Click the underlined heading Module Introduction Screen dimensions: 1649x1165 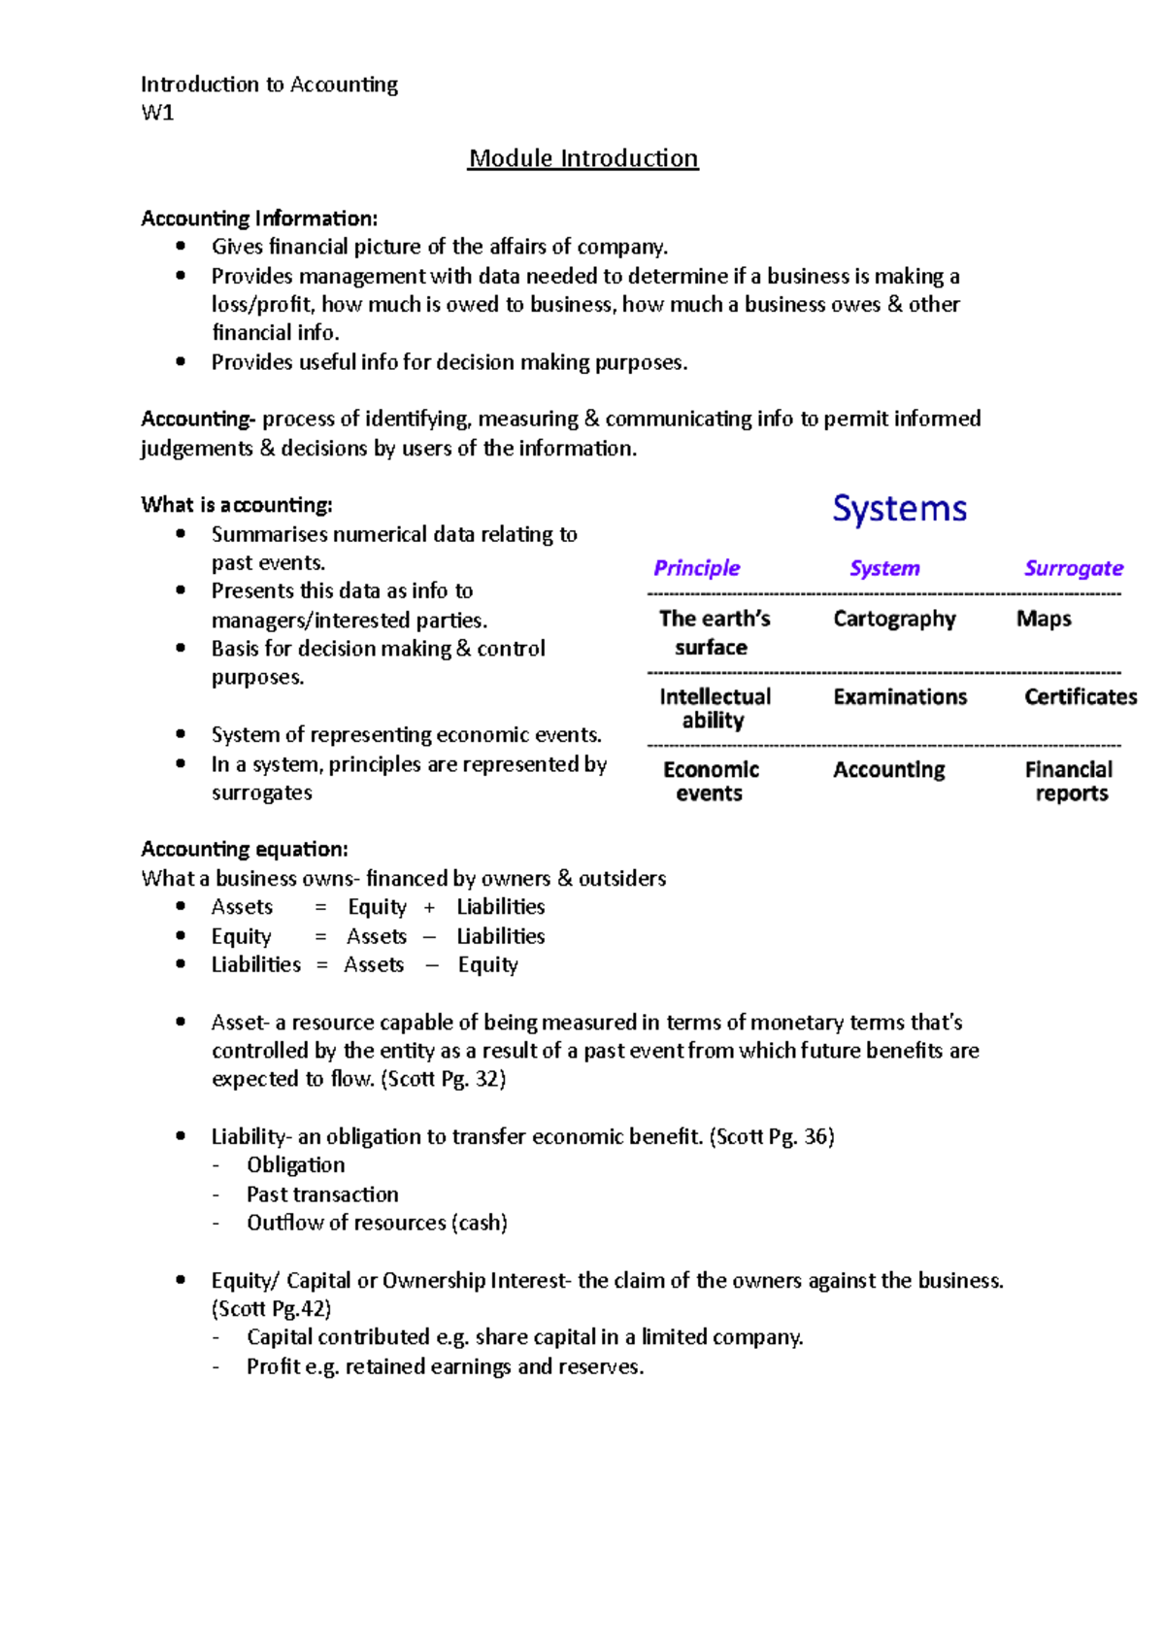pyautogui.click(x=582, y=158)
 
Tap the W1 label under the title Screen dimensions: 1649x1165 pyautogui.click(x=157, y=113)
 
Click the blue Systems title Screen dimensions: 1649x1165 pyautogui.click(x=899, y=509)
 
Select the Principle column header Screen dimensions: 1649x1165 pyautogui.click(x=696, y=568)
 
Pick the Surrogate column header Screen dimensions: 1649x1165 pyautogui.click(x=1073, y=568)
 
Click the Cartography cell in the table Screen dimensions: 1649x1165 pyautogui.click(x=894, y=619)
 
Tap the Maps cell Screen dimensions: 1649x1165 pyautogui.click(x=1044, y=619)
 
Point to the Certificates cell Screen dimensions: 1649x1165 pyautogui.click(x=1080, y=696)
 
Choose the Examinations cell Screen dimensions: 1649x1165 pyautogui.click(x=900, y=696)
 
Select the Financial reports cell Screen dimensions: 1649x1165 pyautogui.click(x=1070, y=781)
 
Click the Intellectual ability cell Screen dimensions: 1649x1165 pyautogui.click(x=715, y=708)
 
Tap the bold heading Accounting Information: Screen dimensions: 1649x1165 pyautogui.click(x=259, y=219)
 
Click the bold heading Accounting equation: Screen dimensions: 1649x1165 pyautogui.click(x=244, y=849)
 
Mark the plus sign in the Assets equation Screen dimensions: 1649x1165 pyautogui.click(x=429, y=907)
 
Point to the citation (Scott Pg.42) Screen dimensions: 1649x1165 pyautogui.click(x=271, y=1308)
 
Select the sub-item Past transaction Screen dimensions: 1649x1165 pyautogui.click(x=322, y=1195)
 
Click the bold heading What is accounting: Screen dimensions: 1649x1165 pyautogui.click(x=236, y=505)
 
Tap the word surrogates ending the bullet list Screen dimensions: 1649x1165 pyautogui.click(x=262, y=792)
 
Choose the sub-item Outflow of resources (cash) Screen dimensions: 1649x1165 pyautogui.click(x=377, y=1223)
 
